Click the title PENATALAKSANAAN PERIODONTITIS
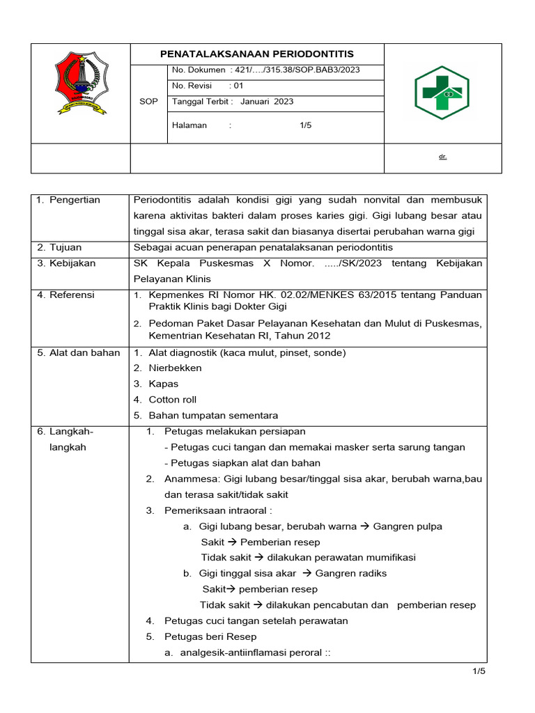[x=257, y=54]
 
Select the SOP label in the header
[x=148, y=102]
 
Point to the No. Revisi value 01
[x=239, y=86]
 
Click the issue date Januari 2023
[x=267, y=102]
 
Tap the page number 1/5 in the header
[x=306, y=125]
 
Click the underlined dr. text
[x=442, y=157]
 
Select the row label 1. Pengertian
[x=68, y=201]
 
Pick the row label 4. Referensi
[x=67, y=295]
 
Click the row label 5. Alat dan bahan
[x=78, y=353]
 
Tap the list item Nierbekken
[x=175, y=368]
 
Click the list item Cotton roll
[x=173, y=400]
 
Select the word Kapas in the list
[x=164, y=384]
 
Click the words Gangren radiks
[x=351, y=574]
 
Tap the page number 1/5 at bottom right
[x=478, y=671]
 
